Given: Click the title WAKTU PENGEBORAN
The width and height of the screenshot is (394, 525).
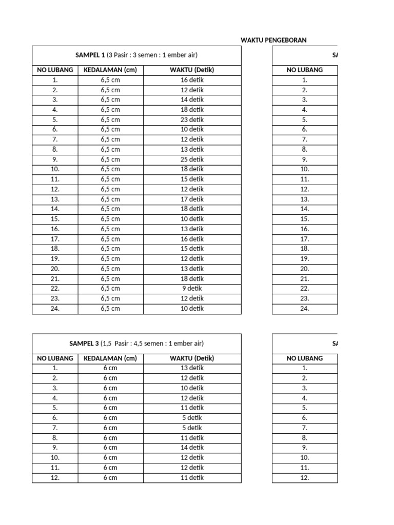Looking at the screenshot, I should coord(273,40).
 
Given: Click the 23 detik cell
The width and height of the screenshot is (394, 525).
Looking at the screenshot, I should coord(192,119).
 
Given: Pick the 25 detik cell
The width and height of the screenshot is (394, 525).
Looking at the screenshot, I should coord(192,159).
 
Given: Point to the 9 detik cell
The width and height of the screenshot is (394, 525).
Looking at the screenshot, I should coord(192,289).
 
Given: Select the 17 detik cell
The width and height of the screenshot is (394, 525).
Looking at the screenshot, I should coord(192,199).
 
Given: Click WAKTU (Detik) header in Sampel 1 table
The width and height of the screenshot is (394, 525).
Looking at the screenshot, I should coord(192,70).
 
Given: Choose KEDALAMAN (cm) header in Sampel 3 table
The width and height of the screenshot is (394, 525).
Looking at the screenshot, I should coord(110,358).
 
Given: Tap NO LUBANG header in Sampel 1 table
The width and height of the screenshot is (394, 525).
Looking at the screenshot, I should coord(55,70).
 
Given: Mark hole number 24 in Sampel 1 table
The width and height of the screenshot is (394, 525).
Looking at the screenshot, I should coord(55,309).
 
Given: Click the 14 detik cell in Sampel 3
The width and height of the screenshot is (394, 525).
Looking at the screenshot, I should coord(192,448).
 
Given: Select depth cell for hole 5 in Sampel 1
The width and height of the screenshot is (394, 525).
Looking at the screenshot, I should coord(110,119).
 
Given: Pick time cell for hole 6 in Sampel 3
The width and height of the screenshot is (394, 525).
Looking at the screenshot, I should coord(192,418).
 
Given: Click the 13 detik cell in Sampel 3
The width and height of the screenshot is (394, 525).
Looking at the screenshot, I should coord(192,368).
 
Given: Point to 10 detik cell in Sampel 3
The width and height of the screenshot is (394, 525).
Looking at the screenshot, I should coord(192,388).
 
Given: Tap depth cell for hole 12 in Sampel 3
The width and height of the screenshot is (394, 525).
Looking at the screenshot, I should coord(110,478).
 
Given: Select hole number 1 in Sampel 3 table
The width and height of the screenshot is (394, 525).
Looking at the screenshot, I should coord(55,368).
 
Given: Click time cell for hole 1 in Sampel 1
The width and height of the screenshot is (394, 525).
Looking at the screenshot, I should coord(192,80).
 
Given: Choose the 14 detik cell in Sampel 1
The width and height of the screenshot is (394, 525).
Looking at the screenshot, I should coord(192,99).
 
